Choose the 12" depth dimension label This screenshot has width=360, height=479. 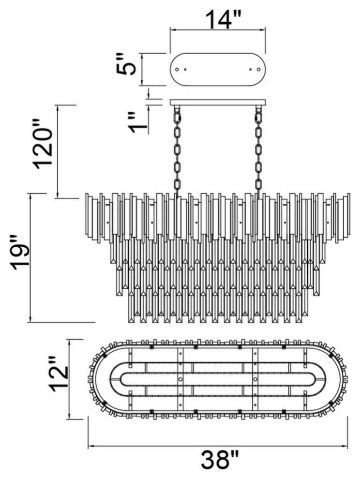click(x=59, y=374)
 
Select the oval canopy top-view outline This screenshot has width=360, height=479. click(x=218, y=53)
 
